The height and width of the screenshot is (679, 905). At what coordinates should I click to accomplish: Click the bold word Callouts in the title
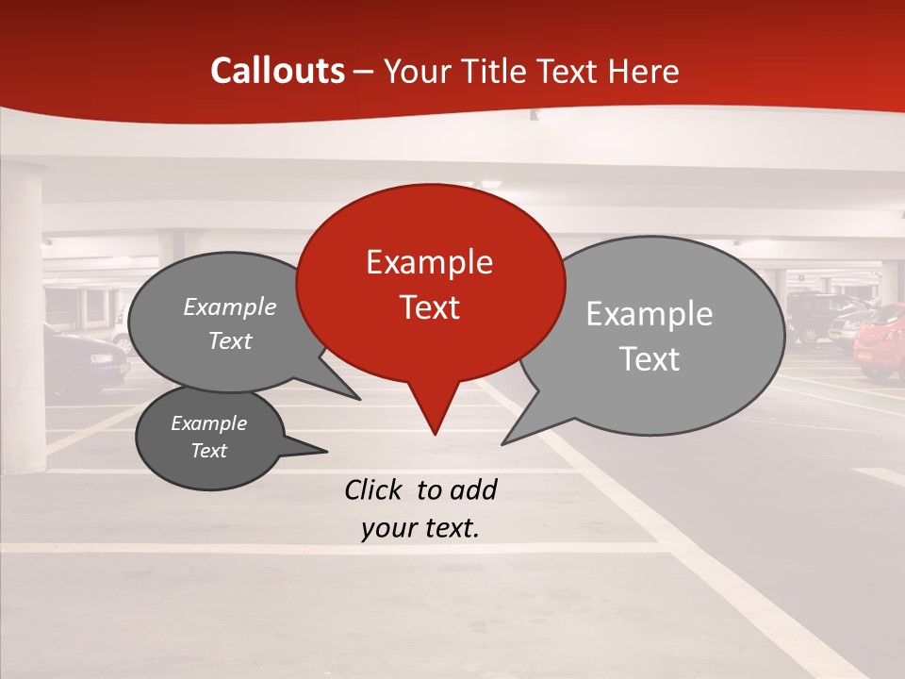coord(277,71)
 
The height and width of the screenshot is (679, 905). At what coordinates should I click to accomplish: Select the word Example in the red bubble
coord(429,262)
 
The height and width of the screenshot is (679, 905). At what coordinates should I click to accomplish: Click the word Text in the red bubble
coord(429,306)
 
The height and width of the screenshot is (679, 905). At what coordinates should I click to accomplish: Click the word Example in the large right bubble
coord(649,314)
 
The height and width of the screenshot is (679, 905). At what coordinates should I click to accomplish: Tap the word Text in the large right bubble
coord(649,359)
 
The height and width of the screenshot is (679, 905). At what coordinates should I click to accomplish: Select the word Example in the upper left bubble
coord(229,306)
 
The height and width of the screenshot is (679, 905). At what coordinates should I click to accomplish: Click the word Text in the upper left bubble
coord(229,340)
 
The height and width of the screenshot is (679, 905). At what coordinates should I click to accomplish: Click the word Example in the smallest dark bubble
coord(208,423)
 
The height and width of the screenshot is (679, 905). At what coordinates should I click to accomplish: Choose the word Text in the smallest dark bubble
coord(208,451)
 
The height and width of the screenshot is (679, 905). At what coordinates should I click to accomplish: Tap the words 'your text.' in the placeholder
coord(420,528)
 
